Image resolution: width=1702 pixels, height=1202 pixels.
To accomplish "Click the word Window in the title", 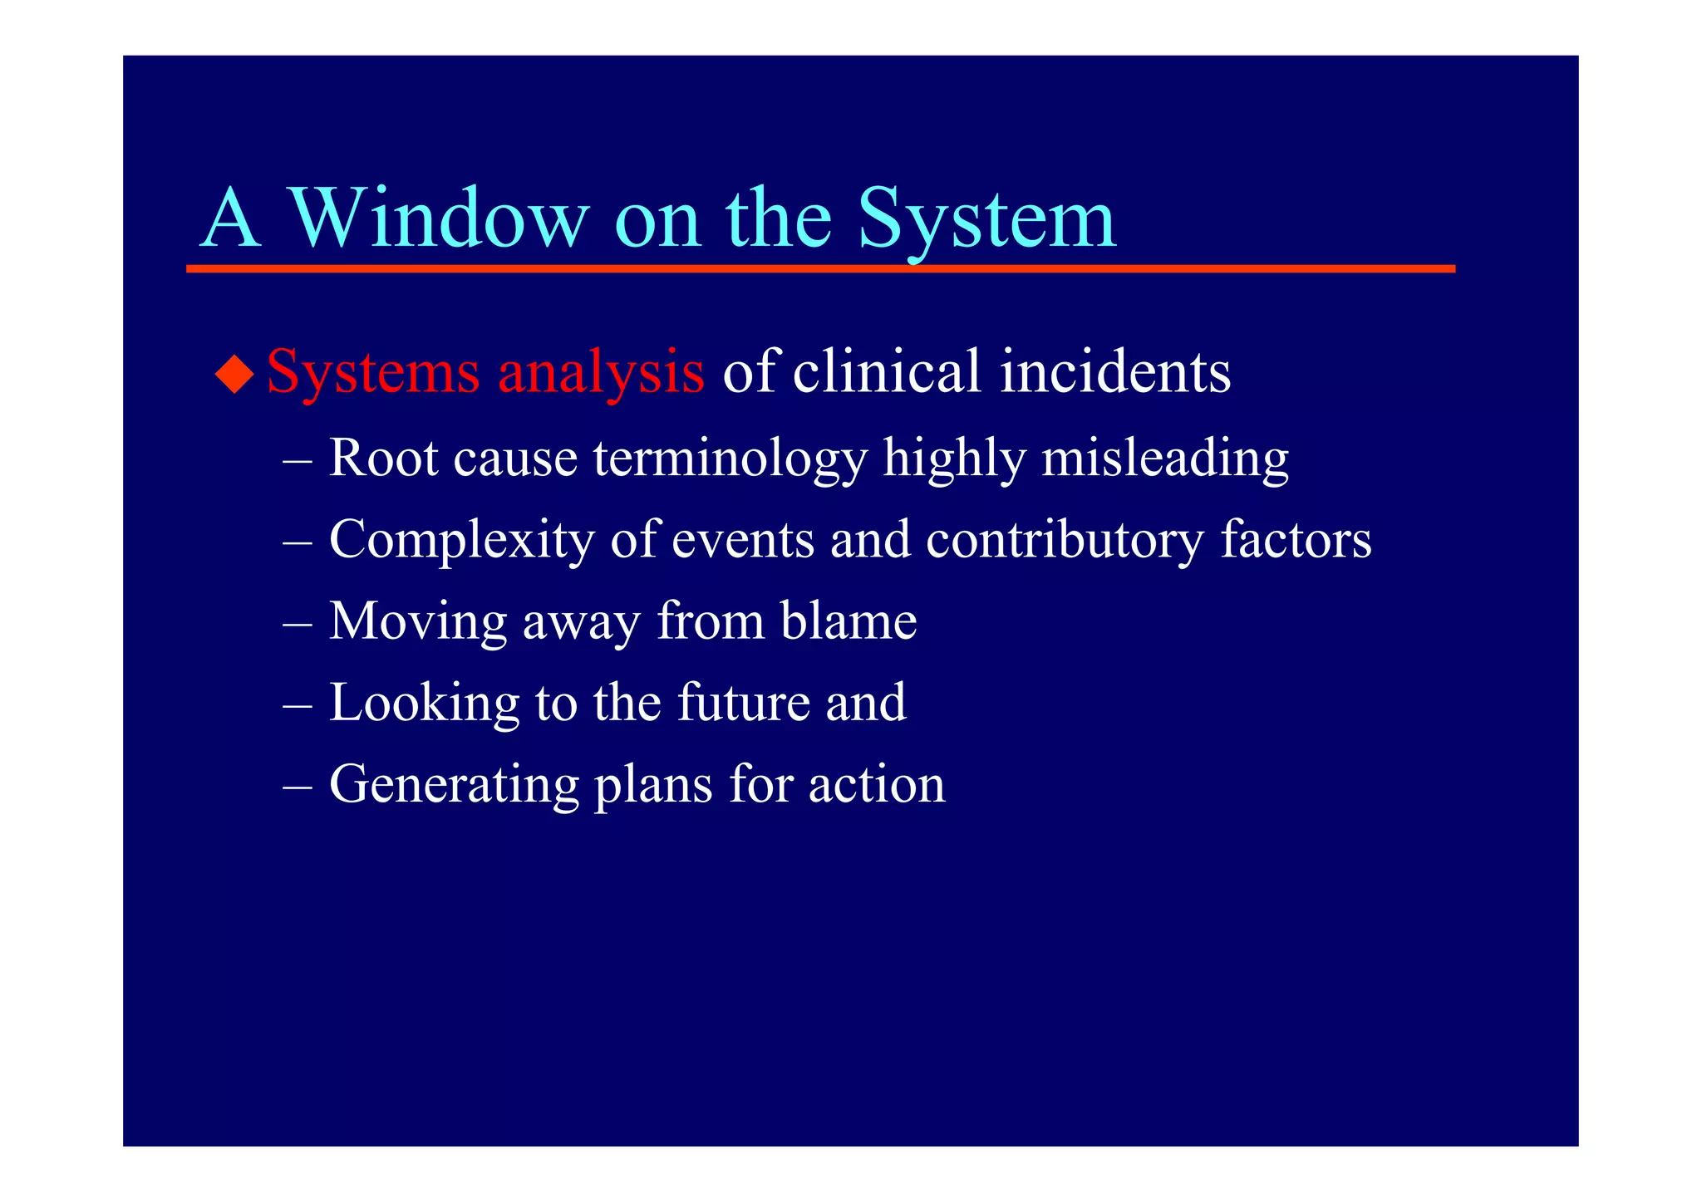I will coord(438,218).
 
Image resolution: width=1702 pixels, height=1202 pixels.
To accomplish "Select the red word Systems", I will coord(373,371).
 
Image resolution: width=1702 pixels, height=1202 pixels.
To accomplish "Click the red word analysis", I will coord(601,371).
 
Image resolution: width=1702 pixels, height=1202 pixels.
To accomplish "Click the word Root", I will coord(383,457).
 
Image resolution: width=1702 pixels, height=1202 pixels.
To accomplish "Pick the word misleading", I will coord(1165,459).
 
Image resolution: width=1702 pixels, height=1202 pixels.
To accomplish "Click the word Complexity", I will coord(462,540).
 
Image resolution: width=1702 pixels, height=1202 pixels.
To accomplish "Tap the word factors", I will coord(1296,538).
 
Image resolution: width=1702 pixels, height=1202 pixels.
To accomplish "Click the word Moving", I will coord(418,621).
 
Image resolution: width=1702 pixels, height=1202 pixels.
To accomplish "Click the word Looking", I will coord(425,703).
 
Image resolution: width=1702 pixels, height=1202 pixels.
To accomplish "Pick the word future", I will coord(744,702).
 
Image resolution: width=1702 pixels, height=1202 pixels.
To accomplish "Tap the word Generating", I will coord(454,784).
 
